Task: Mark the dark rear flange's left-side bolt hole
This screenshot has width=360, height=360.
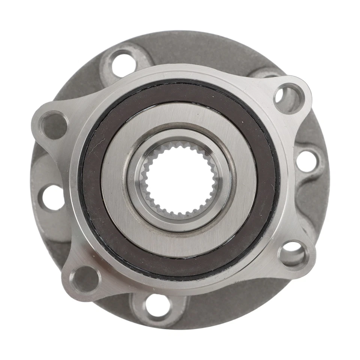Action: (x=52, y=198)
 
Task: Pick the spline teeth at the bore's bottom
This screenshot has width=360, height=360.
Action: (x=179, y=215)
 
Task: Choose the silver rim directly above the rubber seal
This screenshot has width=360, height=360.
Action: (x=180, y=73)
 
